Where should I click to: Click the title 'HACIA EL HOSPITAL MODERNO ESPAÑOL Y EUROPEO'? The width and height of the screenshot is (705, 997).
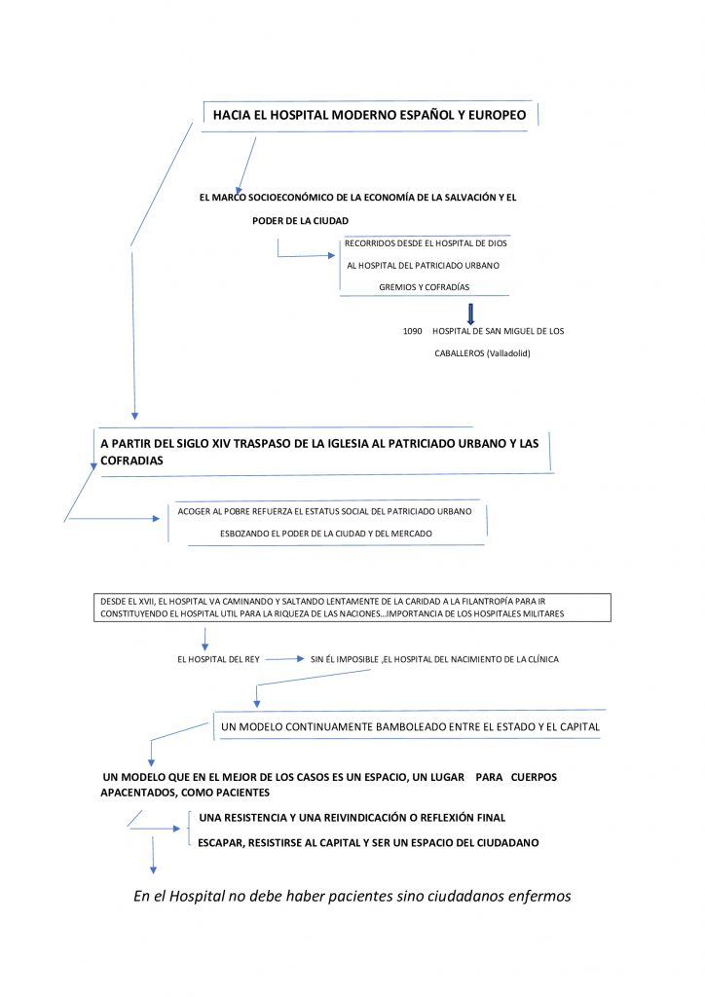[369, 115]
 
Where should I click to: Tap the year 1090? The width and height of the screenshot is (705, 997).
[412, 331]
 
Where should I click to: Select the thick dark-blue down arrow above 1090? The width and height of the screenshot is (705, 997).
[470, 314]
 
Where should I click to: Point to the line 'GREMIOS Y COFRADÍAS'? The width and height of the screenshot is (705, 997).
[424, 287]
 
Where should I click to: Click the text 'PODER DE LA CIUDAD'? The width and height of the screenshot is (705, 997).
[300, 221]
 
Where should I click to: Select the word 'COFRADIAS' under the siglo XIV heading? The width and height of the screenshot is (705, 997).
[131, 460]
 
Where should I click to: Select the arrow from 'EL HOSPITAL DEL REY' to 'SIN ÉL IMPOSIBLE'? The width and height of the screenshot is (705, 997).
[284, 659]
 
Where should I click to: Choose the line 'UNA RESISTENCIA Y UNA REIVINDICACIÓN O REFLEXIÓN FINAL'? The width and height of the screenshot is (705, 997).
[352, 818]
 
